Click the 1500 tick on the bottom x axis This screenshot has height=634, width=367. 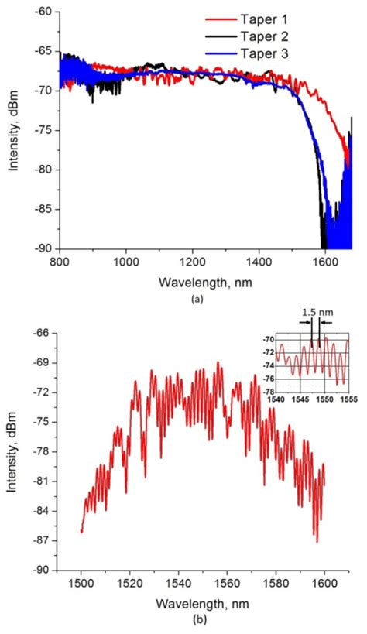(x=81, y=584)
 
